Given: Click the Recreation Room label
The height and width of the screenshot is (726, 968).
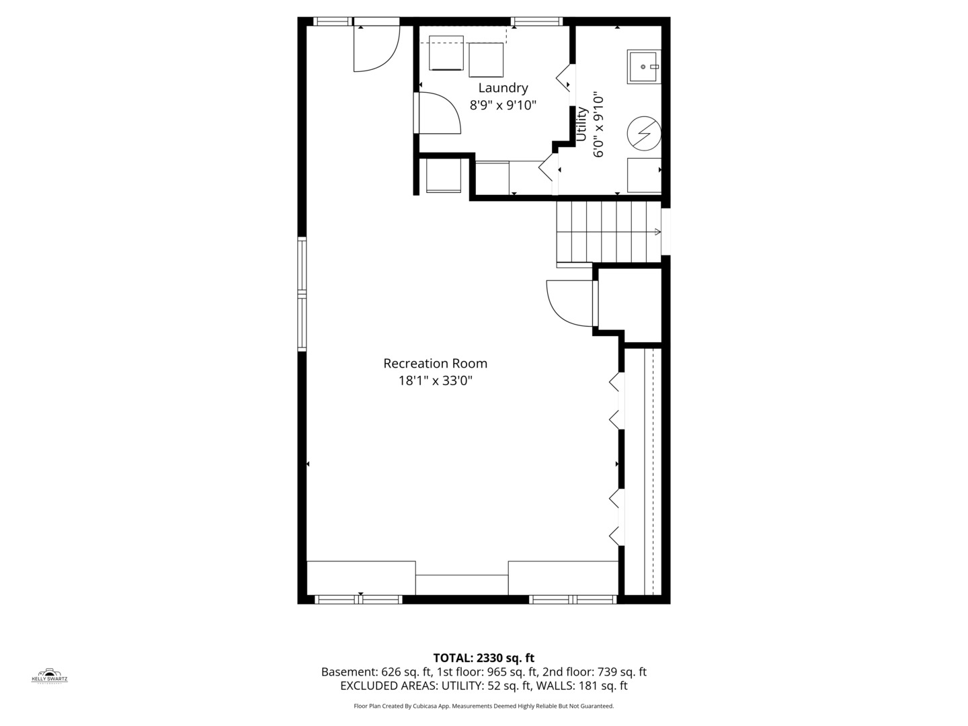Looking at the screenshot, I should point(435,364).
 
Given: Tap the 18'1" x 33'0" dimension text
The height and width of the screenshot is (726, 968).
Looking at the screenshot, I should point(435,381).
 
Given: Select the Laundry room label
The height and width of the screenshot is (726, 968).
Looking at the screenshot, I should point(503,88).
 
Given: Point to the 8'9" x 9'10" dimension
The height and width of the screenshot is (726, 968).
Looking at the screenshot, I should point(503,106).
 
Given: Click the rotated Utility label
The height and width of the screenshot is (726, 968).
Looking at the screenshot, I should point(582,124).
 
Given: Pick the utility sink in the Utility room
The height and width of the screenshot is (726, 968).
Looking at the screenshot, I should point(643,67).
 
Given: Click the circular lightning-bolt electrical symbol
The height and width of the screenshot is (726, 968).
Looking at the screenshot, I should point(643,133).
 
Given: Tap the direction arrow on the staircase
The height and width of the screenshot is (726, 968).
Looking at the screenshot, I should point(657,232).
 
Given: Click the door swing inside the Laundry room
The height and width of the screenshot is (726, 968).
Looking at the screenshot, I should point(439,113).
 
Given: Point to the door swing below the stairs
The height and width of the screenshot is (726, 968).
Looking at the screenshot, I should point(569,303).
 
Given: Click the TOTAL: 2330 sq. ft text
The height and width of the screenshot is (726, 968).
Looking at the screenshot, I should point(483,658).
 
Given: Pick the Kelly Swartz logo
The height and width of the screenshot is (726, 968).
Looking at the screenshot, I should point(50,676).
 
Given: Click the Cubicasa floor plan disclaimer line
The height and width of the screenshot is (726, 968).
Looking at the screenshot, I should point(483,707).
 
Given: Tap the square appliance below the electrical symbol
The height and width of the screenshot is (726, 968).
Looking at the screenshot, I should point(643,175).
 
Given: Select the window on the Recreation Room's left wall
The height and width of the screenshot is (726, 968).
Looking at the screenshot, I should point(302,294).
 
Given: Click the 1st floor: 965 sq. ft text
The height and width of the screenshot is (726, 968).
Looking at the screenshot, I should point(487,672).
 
